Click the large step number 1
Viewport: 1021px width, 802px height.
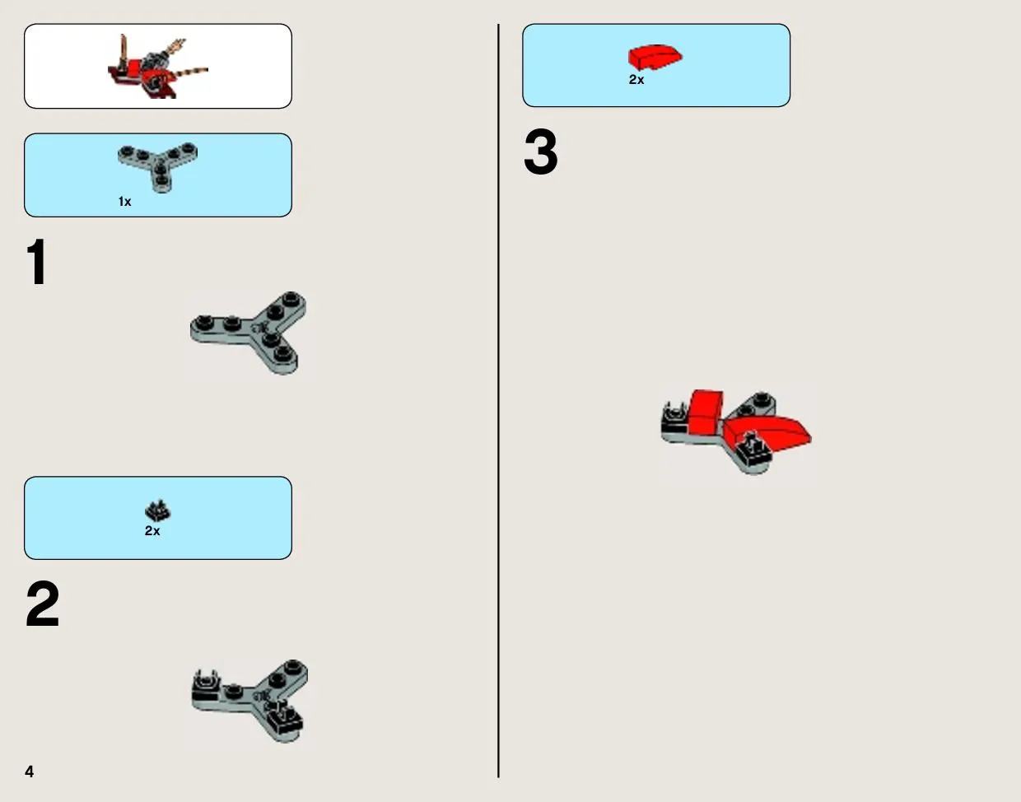(37, 261)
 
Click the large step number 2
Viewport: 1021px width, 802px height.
(42, 604)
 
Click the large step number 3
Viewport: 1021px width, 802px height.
(541, 152)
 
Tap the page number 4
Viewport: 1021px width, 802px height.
(29, 772)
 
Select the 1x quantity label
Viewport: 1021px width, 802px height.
(124, 202)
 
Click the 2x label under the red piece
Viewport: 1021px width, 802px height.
(636, 80)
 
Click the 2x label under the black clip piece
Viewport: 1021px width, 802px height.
(152, 531)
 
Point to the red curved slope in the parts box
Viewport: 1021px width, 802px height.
(655, 58)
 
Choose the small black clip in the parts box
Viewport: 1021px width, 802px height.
(158, 511)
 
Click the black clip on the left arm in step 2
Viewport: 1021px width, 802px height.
(206, 686)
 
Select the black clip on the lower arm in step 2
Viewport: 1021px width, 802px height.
(284, 717)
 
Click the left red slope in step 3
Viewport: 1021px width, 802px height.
(705, 411)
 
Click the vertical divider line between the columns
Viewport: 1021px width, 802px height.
(498, 400)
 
